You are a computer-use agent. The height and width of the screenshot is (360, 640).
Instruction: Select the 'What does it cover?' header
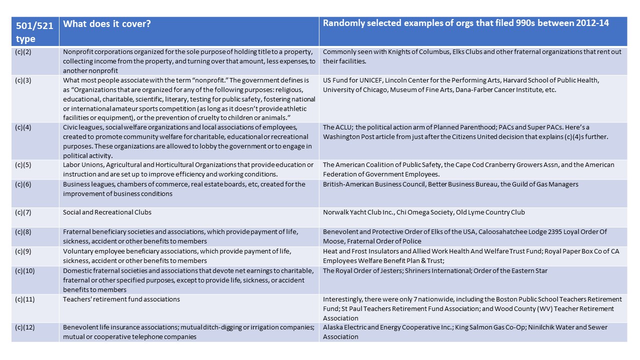pyautogui.click(x=107, y=23)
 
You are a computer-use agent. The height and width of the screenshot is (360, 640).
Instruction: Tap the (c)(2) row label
pyautogui.click(x=23, y=51)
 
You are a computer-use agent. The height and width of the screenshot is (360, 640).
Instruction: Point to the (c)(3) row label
pyautogui.click(x=23, y=80)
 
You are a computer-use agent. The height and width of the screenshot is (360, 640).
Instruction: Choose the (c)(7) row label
pyautogui.click(x=23, y=212)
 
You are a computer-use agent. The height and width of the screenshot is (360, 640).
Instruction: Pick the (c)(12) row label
pyautogui.click(x=25, y=327)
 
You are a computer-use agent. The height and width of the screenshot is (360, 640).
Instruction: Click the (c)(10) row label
pyautogui.click(x=25, y=271)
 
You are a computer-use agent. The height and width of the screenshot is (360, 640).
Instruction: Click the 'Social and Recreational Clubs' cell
pyautogui.click(x=107, y=212)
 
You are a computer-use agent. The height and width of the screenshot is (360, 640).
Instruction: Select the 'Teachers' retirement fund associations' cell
pyautogui.click(x=121, y=299)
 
